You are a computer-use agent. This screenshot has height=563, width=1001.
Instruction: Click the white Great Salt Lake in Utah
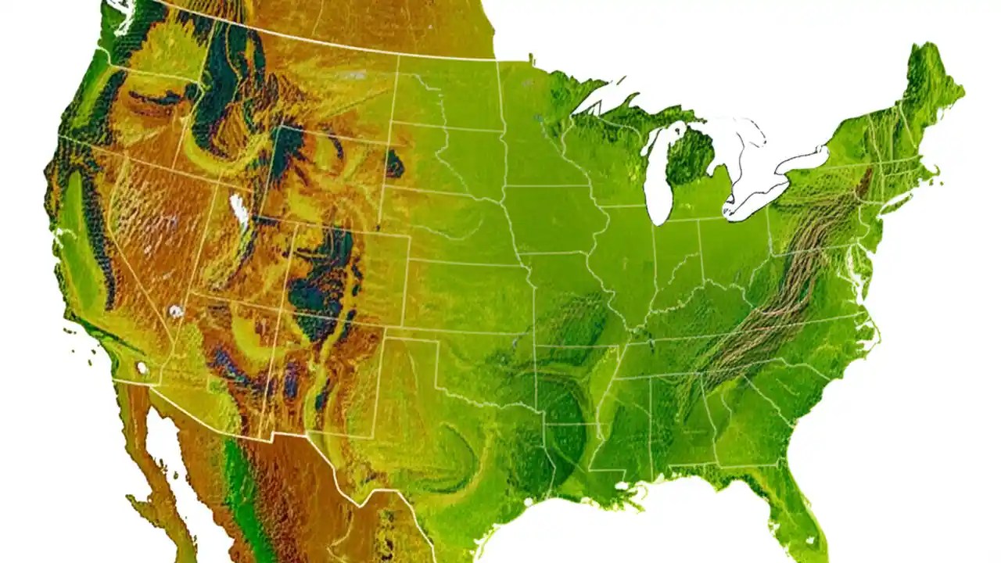(239, 210)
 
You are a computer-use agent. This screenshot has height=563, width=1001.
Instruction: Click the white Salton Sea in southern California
(142, 367)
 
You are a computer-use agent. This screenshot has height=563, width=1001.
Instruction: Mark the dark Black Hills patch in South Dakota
(394, 164)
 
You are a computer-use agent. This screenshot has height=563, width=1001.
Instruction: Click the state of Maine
(931, 94)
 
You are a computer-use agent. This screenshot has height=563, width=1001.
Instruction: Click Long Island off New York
(899, 199)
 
